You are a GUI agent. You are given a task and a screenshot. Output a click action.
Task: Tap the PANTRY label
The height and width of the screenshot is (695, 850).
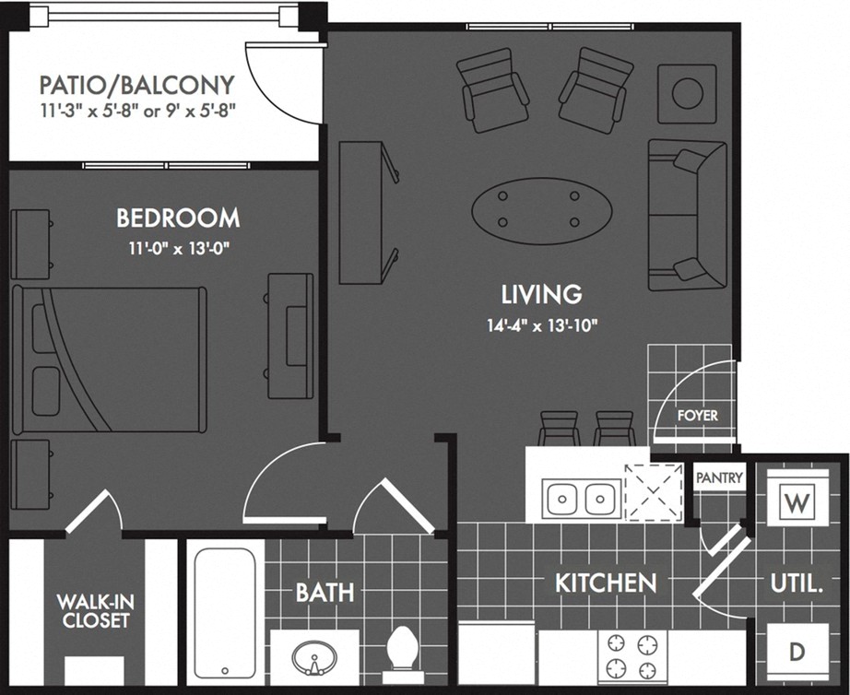click(x=719, y=477)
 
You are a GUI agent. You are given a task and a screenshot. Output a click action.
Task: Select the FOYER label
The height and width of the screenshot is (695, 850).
click(x=697, y=416)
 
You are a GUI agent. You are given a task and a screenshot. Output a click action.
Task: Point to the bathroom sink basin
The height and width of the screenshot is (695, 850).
click(x=314, y=658)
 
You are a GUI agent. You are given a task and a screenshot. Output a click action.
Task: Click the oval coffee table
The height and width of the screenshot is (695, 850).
click(x=541, y=209)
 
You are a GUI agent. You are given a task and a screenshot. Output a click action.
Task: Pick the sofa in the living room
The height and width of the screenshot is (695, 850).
click(x=687, y=215)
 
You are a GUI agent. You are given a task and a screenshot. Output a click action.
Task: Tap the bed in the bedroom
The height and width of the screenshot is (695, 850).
click(x=111, y=359)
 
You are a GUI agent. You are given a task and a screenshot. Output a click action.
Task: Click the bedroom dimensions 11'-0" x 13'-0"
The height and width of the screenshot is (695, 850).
click(x=178, y=249)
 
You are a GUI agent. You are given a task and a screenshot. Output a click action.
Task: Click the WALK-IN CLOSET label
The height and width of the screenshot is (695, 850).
click(x=93, y=611)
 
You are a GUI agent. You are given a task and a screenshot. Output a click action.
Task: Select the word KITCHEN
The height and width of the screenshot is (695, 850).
click(x=606, y=583)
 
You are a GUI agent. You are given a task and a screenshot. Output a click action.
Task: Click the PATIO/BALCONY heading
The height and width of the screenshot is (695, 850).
click(x=136, y=86)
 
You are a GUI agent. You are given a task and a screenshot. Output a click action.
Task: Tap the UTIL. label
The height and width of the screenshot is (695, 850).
click(x=797, y=583)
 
